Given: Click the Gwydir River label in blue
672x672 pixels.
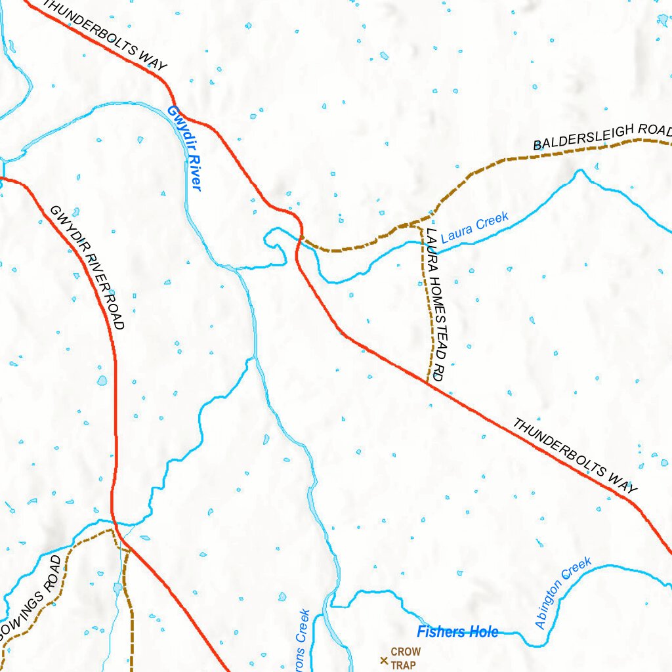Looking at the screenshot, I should click(x=184, y=148).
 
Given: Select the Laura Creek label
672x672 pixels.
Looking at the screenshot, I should click(x=474, y=228).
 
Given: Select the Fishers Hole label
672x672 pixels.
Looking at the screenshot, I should click(x=457, y=633).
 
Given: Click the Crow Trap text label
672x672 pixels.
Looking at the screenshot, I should click(x=406, y=659).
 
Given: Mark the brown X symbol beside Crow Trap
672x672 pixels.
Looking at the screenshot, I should click(x=384, y=660).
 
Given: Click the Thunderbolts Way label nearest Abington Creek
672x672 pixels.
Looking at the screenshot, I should click(x=574, y=455).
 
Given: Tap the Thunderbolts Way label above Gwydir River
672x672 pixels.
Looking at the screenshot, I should click(x=105, y=35).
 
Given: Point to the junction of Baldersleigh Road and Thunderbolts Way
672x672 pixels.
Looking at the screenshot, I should click(x=301, y=236).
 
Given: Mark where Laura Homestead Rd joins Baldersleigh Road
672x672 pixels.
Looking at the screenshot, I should click(x=420, y=225).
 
